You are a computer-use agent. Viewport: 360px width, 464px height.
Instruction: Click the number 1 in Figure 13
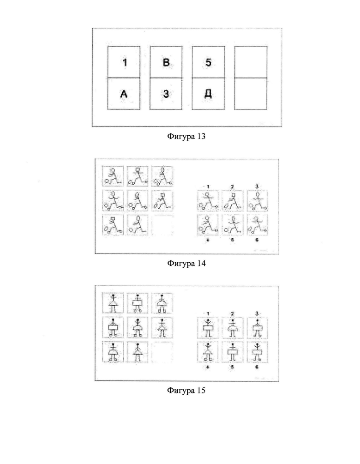coord(123,62)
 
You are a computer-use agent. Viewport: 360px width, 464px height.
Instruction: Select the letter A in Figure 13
coord(123,94)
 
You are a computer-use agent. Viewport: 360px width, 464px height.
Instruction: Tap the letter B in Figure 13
coord(166,62)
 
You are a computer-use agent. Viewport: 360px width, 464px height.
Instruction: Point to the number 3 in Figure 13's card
coord(166,94)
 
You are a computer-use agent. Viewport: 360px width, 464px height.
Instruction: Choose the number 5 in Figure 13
coord(209,62)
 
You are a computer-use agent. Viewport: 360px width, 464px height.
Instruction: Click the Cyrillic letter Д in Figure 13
coord(209,94)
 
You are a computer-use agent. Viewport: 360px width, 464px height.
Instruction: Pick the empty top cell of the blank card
coord(251,62)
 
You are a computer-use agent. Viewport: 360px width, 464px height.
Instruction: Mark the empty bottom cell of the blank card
coord(251,94)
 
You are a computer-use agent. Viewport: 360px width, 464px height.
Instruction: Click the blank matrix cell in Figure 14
coord(162,225)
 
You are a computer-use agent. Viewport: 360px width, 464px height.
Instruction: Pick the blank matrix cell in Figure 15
coord(162,352)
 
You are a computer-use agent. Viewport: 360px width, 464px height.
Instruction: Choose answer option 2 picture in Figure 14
coord(232,200)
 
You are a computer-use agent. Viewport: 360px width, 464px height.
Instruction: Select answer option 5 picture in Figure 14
coord(232,224)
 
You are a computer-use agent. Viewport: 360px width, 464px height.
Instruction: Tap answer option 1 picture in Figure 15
coord(208,327)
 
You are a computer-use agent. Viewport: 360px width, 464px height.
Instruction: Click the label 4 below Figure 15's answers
coord(208,367)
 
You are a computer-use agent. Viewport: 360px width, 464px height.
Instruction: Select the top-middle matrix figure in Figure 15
coord(138,303)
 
